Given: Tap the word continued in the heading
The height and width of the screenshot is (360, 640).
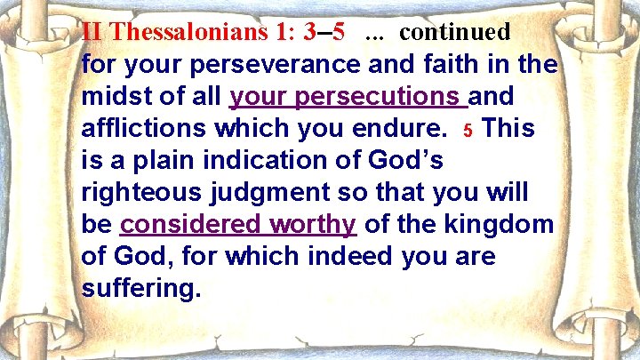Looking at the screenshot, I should [455, 33].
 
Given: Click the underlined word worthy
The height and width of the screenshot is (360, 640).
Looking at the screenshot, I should [313, 225].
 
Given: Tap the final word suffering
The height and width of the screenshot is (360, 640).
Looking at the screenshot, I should [141, 289].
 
